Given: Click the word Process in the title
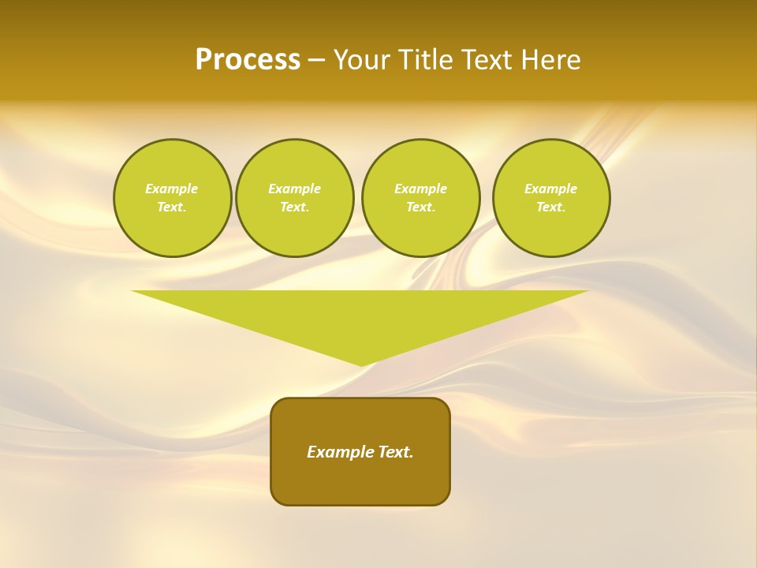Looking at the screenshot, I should (248, 60).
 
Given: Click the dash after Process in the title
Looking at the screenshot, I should (315, 61).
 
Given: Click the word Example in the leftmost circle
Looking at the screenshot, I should (172, 189).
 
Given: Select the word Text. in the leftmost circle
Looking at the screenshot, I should (172, 207).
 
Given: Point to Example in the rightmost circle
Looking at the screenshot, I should (550, 189).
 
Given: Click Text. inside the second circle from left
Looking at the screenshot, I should (294, 207).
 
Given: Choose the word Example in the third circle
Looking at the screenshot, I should (420, 189).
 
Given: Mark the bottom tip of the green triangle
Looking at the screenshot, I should (361, 364).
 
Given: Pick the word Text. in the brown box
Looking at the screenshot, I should (395, 452).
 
